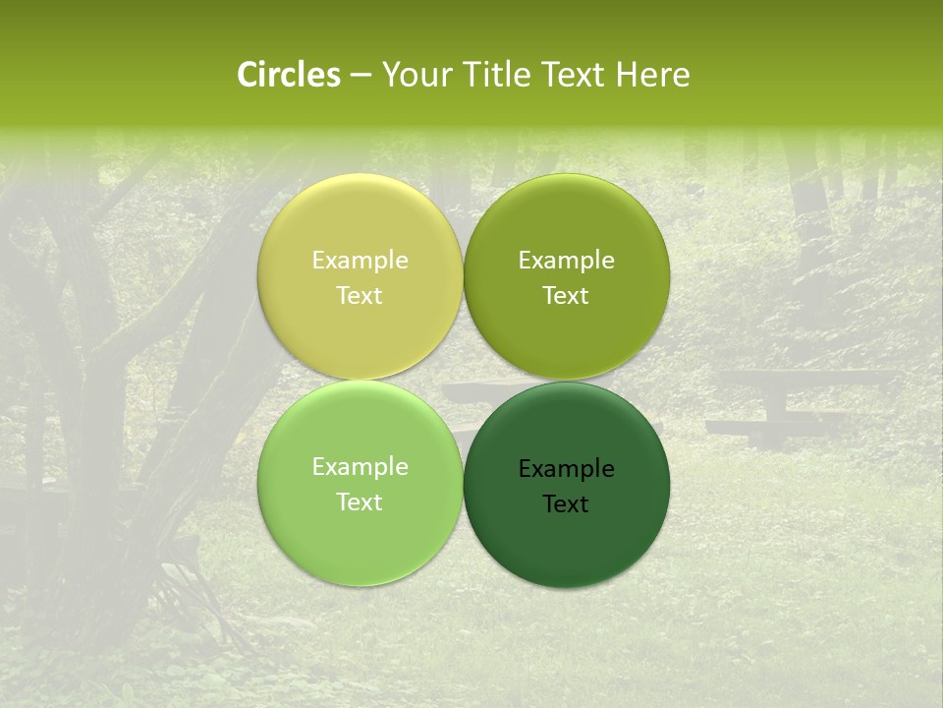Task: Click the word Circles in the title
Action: coord(289,75)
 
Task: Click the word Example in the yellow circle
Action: coord(360,261)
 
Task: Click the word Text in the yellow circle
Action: coord(360,296)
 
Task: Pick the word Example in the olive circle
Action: coord(566,261)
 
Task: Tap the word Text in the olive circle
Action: coord(566,296)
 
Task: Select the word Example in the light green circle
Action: coord(360,467)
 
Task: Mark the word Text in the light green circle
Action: coord(360,502)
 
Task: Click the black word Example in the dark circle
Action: coord(566,469)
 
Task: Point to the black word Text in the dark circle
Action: coord(566,504)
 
